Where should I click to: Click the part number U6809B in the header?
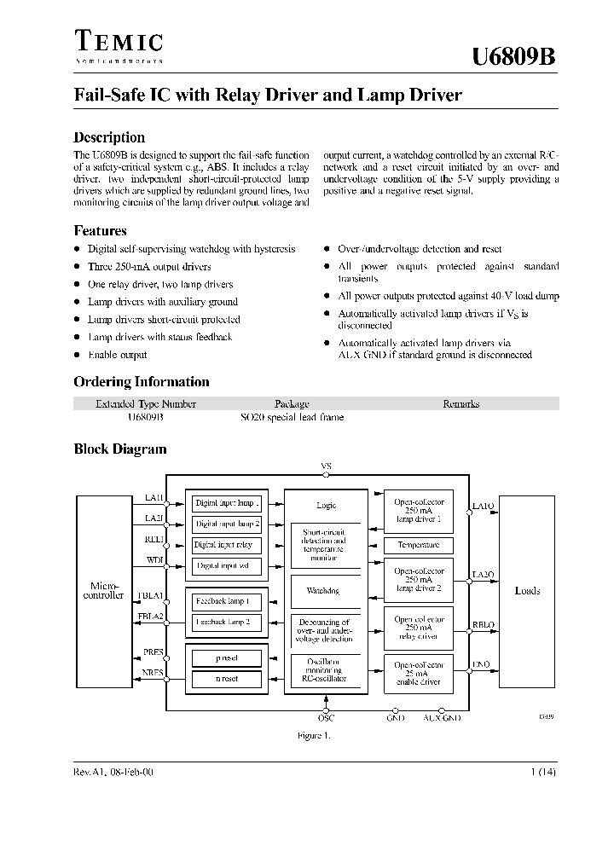tap(514, 57)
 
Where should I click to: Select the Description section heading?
tap(109, 137)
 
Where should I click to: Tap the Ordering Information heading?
tap(142, 382)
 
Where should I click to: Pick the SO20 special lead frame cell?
tap(292, 418)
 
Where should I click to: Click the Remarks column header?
tap(460, 404)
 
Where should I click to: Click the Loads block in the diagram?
tap(527, 590)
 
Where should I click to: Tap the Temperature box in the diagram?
tap(418, 545)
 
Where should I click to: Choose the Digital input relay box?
tap(223, 545)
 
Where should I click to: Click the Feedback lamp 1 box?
tap(223, 601)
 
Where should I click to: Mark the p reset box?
tap(227, 658)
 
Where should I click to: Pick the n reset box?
tap(227, 679)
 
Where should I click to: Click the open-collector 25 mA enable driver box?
tap(418, 675)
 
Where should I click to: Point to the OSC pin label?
tap(326, 719)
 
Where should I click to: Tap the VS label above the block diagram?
tap(326, 466)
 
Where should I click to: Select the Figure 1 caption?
tap(314, 735)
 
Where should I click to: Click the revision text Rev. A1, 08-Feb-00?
tap(113, 772)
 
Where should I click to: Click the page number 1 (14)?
tap(542, 772)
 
